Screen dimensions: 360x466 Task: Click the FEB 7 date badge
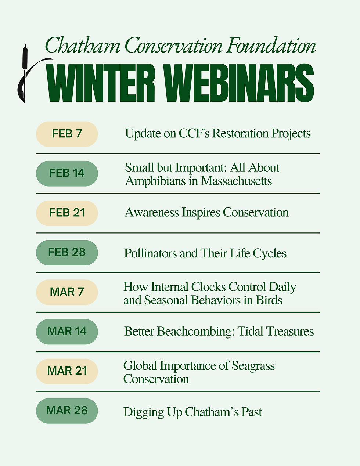67,134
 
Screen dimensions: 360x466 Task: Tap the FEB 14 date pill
67,173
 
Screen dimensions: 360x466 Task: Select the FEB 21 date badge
67,213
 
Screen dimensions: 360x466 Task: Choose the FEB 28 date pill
67,253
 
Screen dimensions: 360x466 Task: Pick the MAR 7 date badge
67,292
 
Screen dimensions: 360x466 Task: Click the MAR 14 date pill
67,332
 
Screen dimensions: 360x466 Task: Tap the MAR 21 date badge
67,371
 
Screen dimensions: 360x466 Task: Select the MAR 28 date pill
67,411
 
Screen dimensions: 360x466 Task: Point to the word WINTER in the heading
100,83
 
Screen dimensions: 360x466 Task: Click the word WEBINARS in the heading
238,83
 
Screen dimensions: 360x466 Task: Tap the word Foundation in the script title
271,45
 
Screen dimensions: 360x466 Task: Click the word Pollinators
150,253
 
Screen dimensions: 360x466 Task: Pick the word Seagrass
253,366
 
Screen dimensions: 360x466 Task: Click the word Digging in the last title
144,412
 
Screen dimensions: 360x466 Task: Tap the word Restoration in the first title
240,133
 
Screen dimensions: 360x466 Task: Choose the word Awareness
152,213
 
